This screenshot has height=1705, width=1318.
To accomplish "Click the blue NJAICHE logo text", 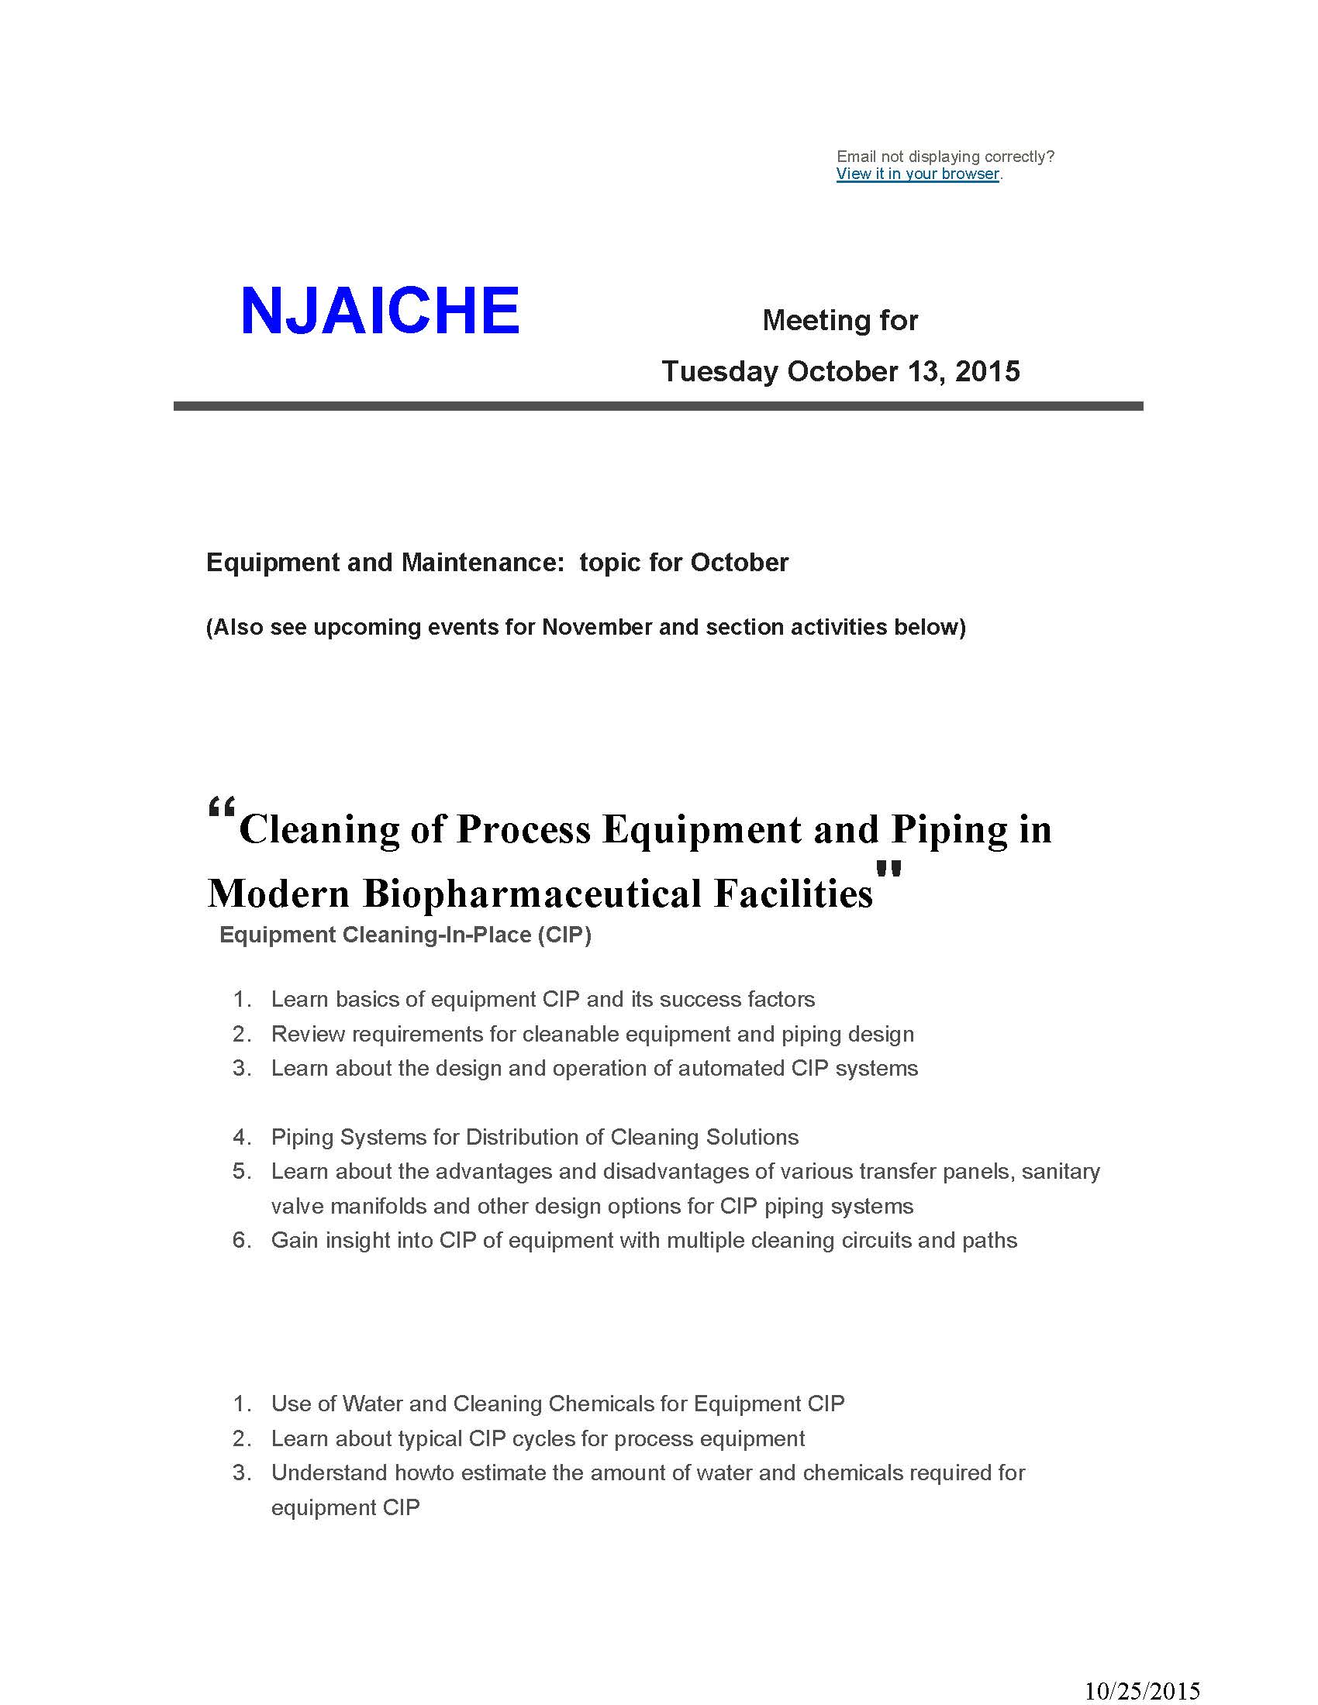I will click(379, 311).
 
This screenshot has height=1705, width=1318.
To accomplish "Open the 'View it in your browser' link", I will click(917, 174).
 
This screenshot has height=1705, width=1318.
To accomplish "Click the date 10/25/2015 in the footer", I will click(1142, 1690).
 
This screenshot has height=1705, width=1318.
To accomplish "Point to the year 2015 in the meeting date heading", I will click(987, 370).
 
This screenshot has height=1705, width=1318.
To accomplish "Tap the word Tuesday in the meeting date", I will click(719, 370).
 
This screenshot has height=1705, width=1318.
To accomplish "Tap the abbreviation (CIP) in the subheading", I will click(564, 935).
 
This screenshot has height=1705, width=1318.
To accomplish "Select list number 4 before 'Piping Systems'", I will click(241, 1137).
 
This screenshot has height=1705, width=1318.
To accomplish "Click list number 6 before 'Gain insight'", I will click(241, 1240).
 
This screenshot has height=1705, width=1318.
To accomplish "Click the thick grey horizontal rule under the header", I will click(657, 406).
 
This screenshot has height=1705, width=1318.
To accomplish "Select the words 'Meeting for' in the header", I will click(840, 320).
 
